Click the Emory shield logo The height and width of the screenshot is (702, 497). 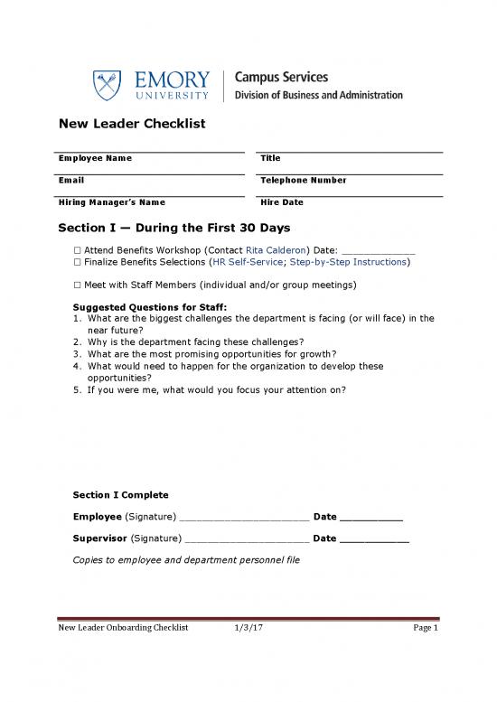coord(106,86)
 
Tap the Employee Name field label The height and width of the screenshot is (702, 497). coord(95,158)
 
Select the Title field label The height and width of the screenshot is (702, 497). coord(270,158)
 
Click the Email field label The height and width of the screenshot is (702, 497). coord(71,180)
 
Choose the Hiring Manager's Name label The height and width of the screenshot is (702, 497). coord(112,202)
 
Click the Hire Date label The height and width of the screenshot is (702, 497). coord(282,202)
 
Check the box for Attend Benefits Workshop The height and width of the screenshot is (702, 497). coord(77,249)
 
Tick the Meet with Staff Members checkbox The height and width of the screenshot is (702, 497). coord(77,285)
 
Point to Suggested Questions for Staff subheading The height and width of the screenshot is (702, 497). coord(143,307)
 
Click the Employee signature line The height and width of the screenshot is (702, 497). coord(244,519)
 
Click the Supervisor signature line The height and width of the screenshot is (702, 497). coord(246,539)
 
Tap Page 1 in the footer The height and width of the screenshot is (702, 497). coord(425,629)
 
